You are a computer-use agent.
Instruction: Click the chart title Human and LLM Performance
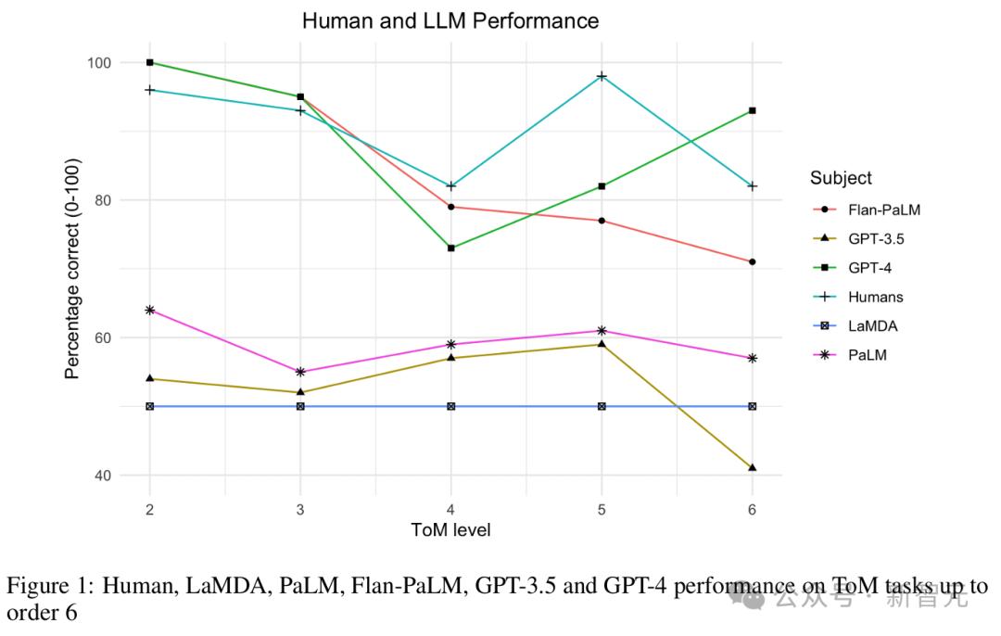[x=450, y=20]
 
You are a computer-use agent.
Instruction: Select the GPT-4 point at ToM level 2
[x=149, y=62]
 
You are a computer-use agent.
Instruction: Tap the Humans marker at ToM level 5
[x=602, y=76]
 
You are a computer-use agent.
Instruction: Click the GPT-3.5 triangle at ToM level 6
[x=752, y=467]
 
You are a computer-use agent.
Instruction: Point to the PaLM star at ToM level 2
[x=149, y=310]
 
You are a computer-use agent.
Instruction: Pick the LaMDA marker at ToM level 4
[x=450, y=406]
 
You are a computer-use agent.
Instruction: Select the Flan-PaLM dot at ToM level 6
[x=752, y=261]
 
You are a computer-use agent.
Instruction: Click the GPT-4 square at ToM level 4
[x=450, y=248]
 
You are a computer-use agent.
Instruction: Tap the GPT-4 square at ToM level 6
[x=752, y=110]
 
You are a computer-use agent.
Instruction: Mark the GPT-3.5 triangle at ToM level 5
[x=602, y=344]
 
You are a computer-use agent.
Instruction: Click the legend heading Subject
[x=840, y=178]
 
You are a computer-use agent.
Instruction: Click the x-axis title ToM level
[x=450, y=530]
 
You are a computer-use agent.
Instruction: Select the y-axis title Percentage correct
[x=73, y=269]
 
